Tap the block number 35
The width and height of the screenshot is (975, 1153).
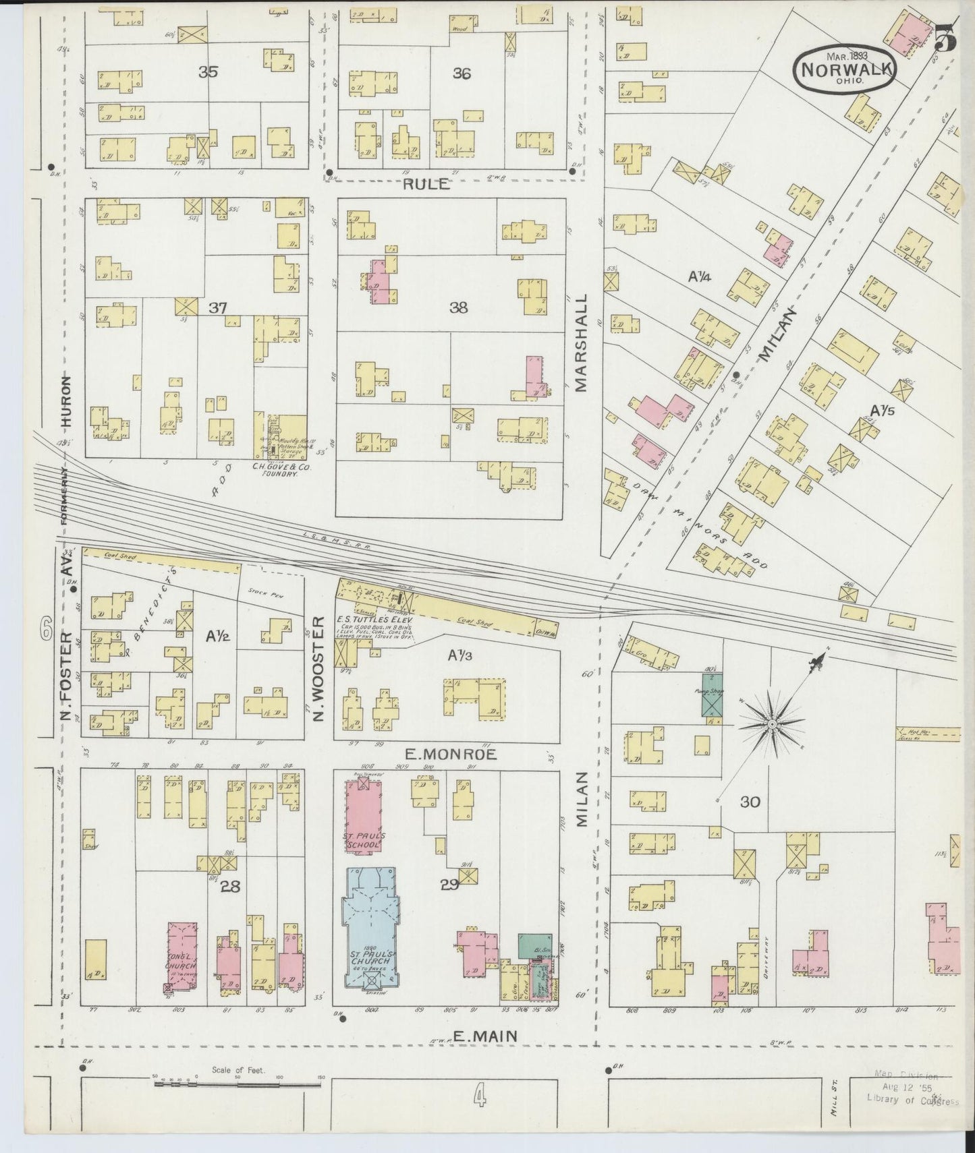(208, 72)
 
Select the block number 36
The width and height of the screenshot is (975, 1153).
(462, 74)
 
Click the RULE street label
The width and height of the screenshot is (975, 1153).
(427, 184)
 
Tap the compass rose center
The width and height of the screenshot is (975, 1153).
(772, 724)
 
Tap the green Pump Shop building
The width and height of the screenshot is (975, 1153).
(712, 694)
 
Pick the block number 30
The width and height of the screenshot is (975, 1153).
(750, 802)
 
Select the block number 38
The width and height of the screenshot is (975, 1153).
(459, 308)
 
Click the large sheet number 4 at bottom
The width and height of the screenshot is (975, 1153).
(480, 1099)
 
